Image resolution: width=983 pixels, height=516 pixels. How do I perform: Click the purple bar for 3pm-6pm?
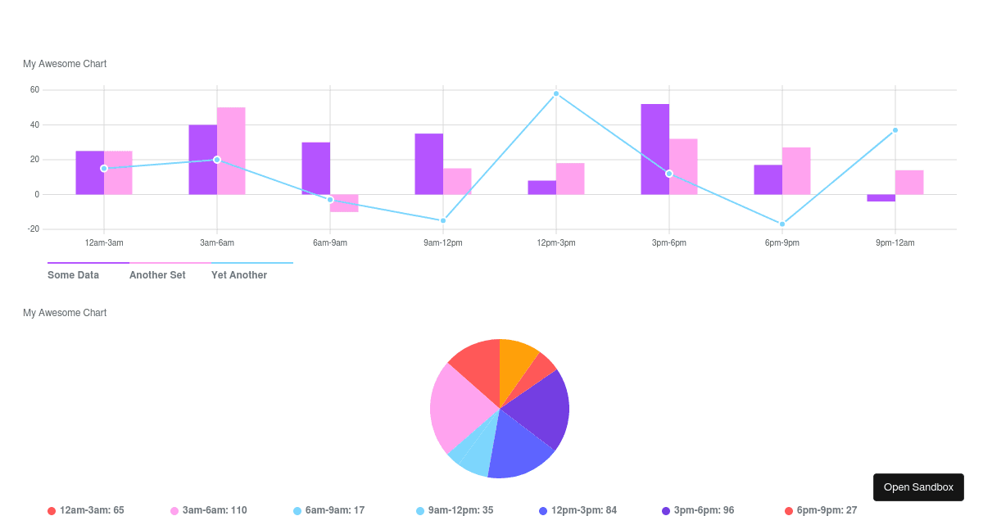click(655, 149)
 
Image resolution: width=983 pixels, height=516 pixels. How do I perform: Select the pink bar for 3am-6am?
click(231, 151)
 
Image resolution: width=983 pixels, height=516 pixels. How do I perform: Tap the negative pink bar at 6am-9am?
click(344, 203)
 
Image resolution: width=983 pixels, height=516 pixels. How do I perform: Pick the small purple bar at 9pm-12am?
click(881, 197)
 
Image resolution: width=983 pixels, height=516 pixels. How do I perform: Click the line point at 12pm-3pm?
click(556, 93)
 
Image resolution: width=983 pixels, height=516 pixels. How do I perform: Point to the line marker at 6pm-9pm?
click(782, 224)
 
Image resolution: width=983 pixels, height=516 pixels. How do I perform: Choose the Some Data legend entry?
click(74, 275)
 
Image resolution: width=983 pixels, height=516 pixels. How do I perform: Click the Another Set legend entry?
click(157, 275)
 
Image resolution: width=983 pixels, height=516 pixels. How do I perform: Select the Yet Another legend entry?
click(239, 275)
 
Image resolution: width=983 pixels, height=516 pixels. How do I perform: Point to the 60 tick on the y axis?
click(34, 90)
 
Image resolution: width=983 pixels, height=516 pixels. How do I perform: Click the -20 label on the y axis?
click(33, 229)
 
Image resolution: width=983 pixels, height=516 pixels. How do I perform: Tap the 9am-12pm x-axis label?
click(443, 242)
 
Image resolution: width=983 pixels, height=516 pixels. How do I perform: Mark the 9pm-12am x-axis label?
click(895, 242)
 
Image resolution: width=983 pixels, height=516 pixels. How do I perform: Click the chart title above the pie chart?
click(65, 313)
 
